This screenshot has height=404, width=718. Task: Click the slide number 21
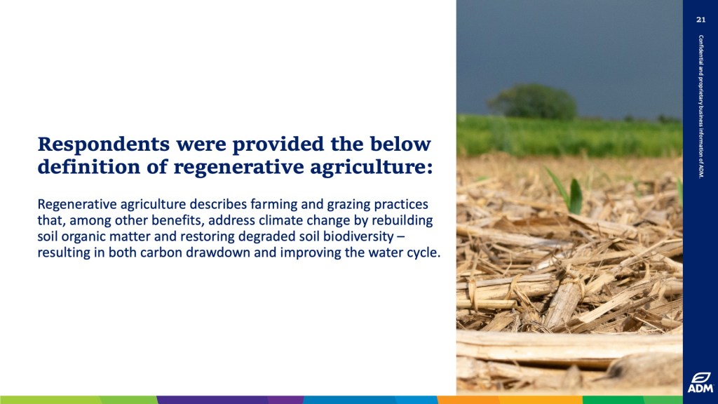[x=700, y=19]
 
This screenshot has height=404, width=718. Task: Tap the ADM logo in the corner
[x=700, y=383]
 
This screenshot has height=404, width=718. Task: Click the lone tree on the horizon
[x=534, y=102]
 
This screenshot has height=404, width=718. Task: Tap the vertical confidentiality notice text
[x=700, y=107]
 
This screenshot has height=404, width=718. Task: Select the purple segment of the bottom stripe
[x=230, y=400]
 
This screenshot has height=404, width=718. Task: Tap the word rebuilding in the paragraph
[x=402, y=221]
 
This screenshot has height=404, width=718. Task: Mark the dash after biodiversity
[x=400, y=237]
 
